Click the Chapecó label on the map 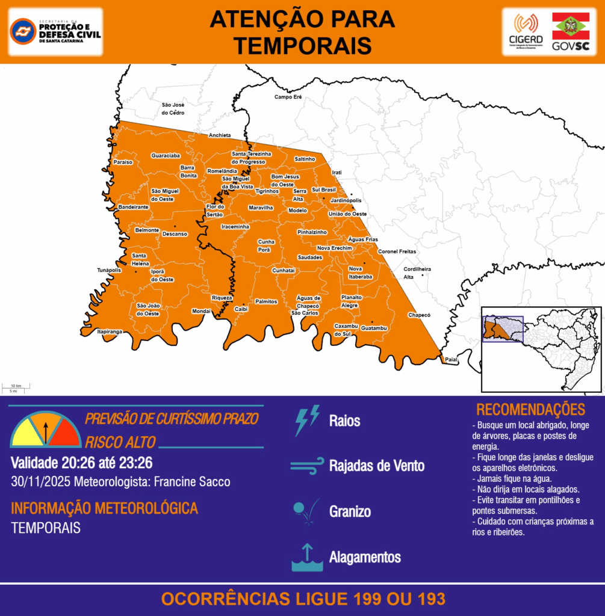click(419, 315)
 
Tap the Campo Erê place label click(288, 97)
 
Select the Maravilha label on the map click(261, 208)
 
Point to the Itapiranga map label click(110, 331)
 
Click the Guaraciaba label click(166, 156)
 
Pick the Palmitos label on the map click(265, 301)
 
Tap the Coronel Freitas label click(397, 251)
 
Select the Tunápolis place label click(109, 270)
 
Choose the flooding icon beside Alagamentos click(307, 558)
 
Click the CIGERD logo click(525, 32)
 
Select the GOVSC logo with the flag click(571, 32)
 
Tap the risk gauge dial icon click(45, 430)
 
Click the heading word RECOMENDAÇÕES click(530, 410)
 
